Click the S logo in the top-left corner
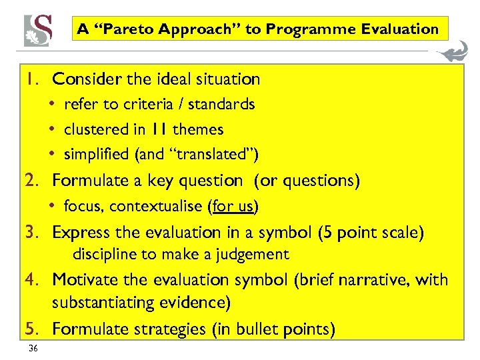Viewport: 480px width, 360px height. (38, 29)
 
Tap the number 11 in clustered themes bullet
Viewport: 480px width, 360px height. (159, 129)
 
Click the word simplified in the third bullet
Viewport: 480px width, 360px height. (97, 155)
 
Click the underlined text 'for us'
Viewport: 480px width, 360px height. (233, 207)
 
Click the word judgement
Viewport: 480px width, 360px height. (257, 254)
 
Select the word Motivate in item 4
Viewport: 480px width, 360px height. (81, 279)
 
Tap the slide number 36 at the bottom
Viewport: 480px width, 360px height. (33, 349)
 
